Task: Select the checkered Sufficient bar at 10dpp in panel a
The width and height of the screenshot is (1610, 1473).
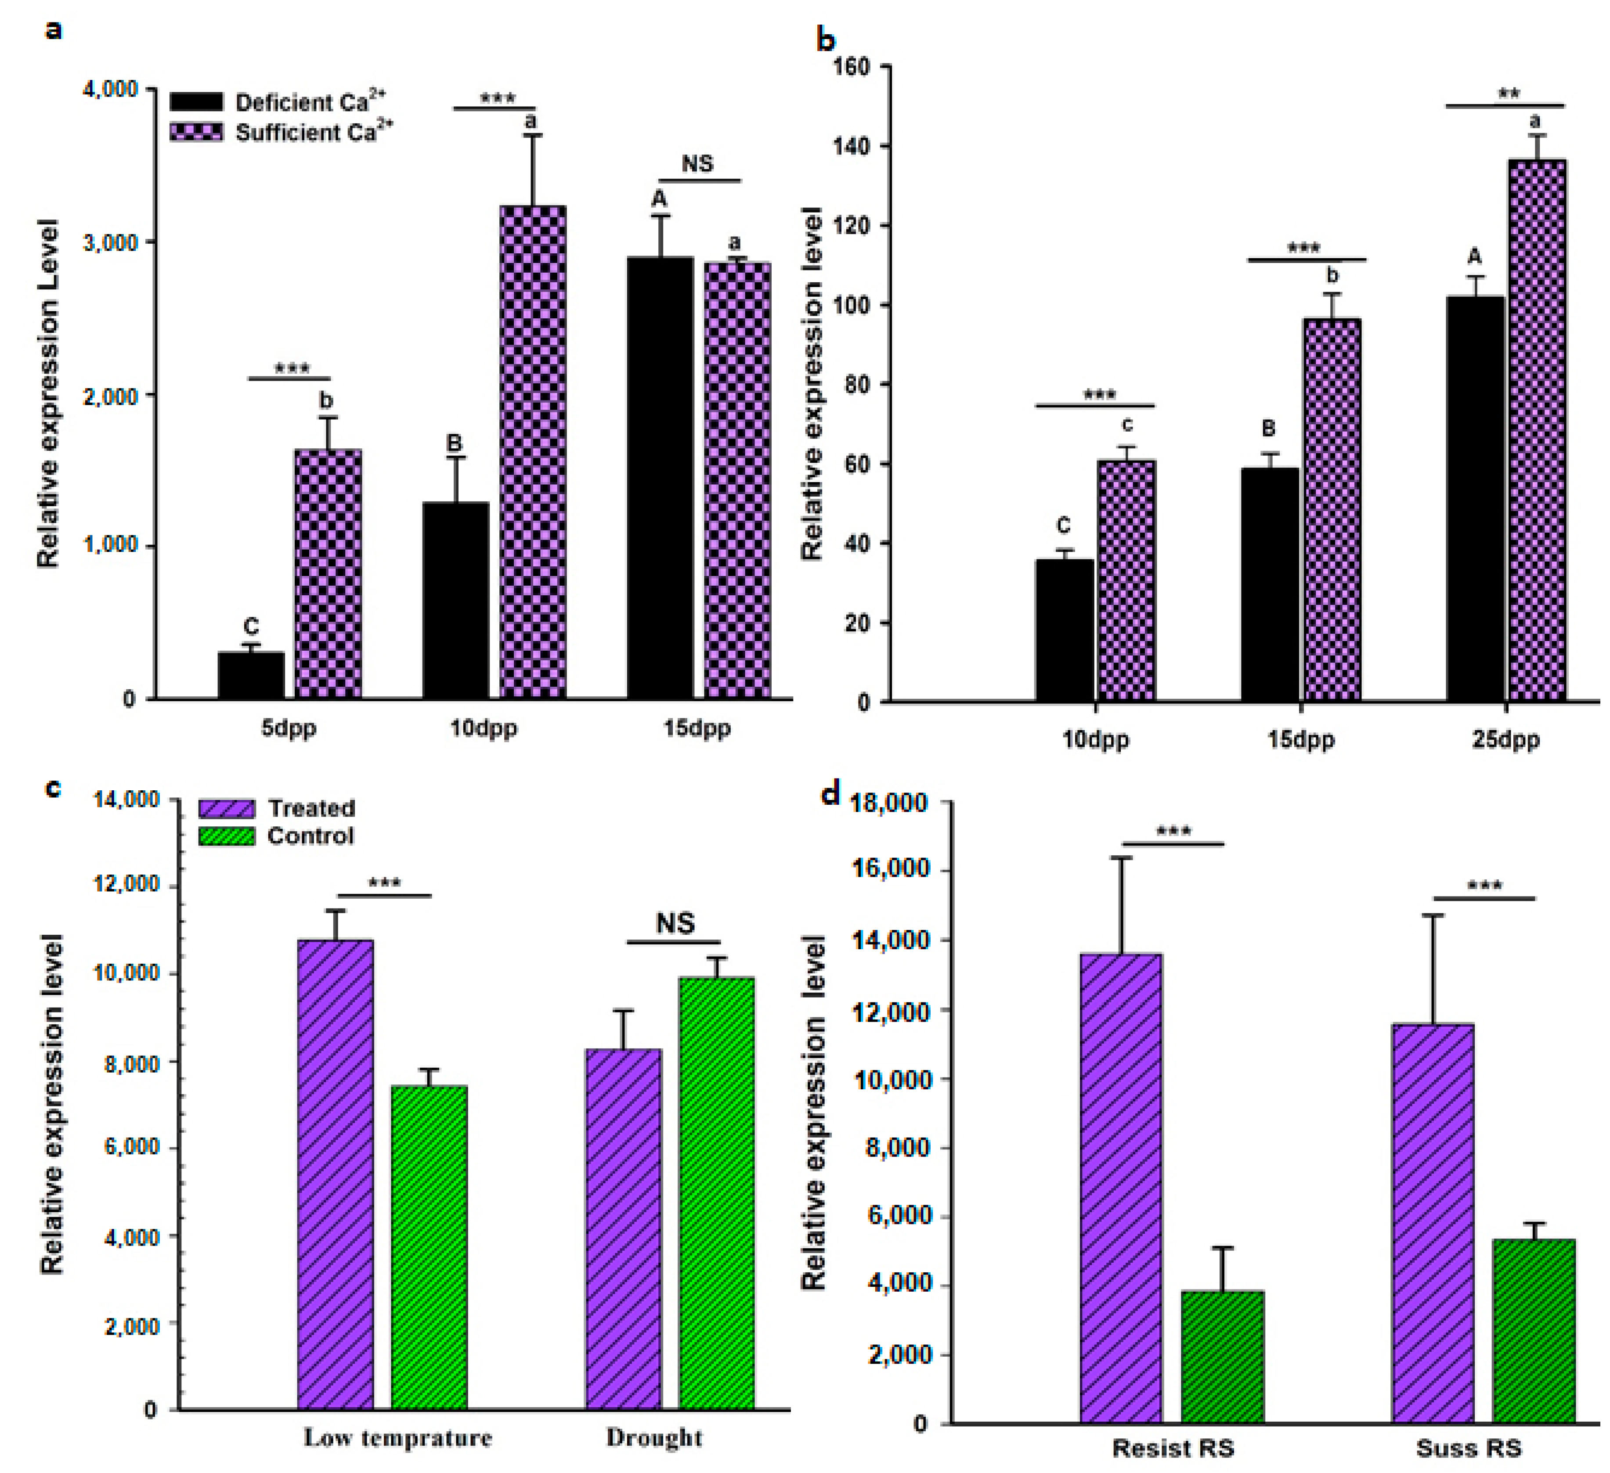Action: pyautogui.click(x=533, y=453)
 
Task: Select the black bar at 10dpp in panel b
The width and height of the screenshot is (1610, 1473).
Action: pyautogui.click(x=1065, y=631)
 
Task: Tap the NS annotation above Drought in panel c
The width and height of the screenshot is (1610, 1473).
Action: pyautogui.click(x=675, y=924)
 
